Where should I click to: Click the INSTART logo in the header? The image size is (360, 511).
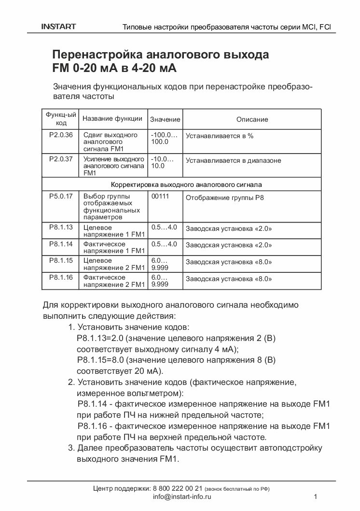point(58,27)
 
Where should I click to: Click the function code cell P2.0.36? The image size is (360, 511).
point(61,135)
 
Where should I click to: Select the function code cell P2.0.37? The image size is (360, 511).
point(61,159)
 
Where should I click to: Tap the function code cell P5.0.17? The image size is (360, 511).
point(61,196)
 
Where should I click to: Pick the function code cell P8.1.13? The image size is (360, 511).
point(61,227)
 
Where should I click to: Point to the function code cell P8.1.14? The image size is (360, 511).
point(61,244)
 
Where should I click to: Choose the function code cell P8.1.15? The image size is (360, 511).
point(61,261)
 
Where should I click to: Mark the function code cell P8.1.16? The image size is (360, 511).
point(61,278)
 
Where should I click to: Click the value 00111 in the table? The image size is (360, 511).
point(160,197)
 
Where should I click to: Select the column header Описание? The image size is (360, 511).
point(252,119)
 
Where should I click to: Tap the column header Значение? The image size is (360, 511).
point(165,119)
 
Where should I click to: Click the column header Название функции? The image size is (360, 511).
point(112,118)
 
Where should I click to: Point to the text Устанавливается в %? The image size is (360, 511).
point(220,136)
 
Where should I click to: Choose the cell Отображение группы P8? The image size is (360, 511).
point(225,198)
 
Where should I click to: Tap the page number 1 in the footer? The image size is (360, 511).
point(315,497)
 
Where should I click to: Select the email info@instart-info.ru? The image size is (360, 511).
point(182,497)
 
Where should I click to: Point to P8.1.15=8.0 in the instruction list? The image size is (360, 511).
point(101,360)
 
